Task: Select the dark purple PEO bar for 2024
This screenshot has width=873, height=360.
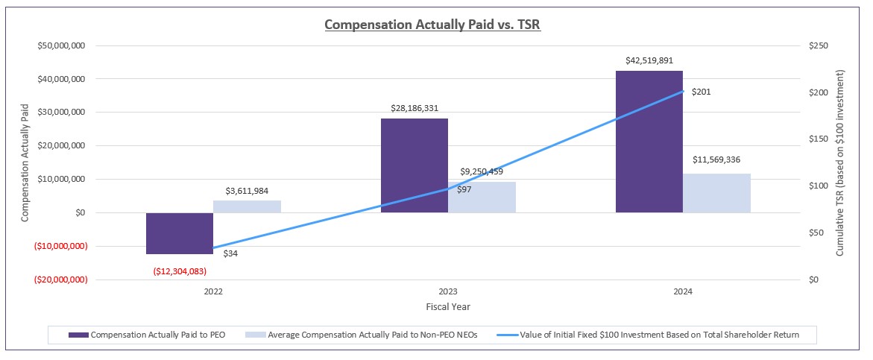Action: pos(649,142)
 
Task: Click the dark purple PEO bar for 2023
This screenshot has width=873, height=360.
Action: pos(415,165)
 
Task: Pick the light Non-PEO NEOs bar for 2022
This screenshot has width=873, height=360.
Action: pos(247,206)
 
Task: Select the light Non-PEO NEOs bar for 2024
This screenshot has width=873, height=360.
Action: pos(716,193)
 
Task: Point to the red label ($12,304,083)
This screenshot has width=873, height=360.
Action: pos(180,271)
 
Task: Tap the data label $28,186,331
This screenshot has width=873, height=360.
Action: pos(415,109)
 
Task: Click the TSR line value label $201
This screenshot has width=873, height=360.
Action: pos(702,92)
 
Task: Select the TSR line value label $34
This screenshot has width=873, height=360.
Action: pos(230,254)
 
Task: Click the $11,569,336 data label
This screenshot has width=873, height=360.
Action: pos(716,160)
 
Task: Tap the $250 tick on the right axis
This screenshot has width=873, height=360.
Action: pos(818,45)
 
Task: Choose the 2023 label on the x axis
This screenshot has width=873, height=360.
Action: pos(448,292)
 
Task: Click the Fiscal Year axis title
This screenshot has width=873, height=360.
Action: pos(447,306)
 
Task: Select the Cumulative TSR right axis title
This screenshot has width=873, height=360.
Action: pos(840,162)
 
